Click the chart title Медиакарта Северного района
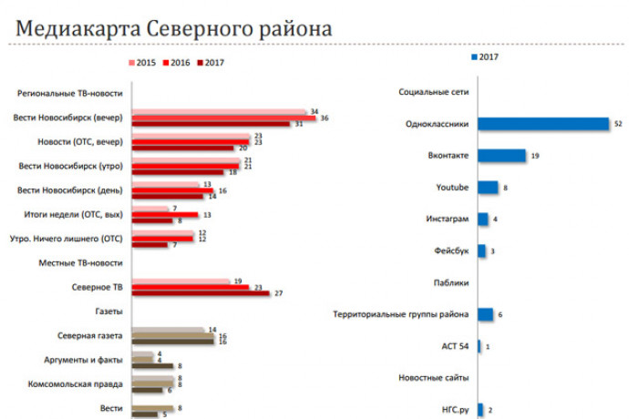pos(173,26)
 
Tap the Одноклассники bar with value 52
pos(542,124)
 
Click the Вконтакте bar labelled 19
pos(501,156)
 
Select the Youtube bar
pos(488,188)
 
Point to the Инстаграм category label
pos(448,220)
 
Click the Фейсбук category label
pos(450,250)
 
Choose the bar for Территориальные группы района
pos(485,314)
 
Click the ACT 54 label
pos(453,346)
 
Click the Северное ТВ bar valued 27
pos(201,293)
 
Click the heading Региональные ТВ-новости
pos(72,94)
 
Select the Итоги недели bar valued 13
pos(165,215)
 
